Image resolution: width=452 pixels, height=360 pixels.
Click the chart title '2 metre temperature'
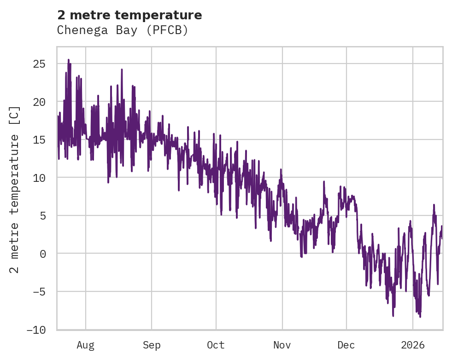(129, 15)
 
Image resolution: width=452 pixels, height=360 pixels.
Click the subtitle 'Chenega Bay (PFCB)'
(123, 30)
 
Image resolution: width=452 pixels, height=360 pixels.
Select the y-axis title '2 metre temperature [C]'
(15, 190)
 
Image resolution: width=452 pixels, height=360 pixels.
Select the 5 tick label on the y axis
(42, 215)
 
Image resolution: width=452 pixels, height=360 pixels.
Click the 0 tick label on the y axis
(42, 254)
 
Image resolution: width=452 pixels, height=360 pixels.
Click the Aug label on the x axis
(86, 345)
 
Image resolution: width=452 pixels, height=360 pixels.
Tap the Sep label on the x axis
(152, 345)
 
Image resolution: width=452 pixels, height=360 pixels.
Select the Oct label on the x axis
(216, 345)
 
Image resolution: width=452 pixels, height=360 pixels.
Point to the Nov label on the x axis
(282, 345)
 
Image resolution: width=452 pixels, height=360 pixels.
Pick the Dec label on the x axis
(346, 345)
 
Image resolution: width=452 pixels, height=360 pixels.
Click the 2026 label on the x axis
(412, 345)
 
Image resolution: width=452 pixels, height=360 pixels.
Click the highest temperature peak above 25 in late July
(69, 59)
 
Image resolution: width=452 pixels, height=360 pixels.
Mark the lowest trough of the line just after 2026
(420, 317)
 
